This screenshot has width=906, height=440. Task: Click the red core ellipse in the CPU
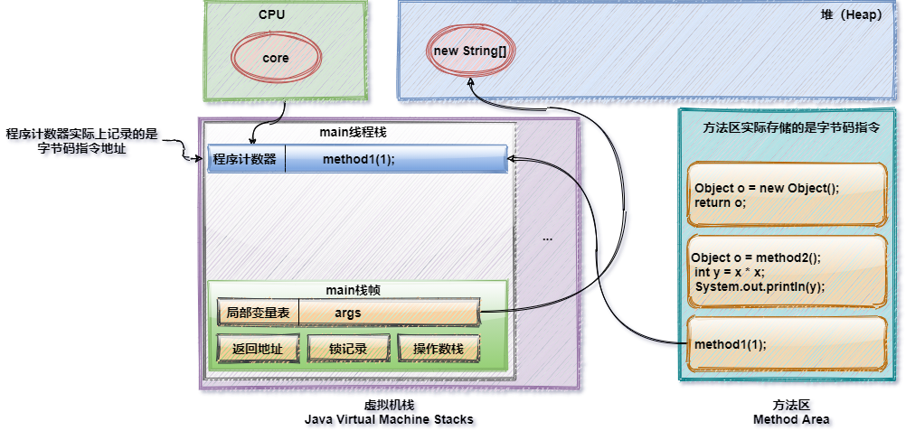point(276,58)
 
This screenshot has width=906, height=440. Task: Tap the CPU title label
point(271,14)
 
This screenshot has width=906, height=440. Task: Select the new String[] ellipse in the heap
point(469,51)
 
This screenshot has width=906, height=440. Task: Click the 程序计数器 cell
point(244,160)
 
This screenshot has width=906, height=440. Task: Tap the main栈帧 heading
point(356,290)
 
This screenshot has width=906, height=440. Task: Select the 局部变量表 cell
point(258,313)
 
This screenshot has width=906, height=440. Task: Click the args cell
point(347,313)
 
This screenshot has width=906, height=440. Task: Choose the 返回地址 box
point(257,349)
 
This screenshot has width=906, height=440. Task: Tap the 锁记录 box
point(347,349)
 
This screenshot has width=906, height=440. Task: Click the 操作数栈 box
point(438,349)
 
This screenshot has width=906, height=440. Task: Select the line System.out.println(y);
point(760,286)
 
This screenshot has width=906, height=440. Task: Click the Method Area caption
point(793,420)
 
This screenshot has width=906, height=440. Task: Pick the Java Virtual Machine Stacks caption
point(390,421)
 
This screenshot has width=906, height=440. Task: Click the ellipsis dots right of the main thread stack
point(546,239)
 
